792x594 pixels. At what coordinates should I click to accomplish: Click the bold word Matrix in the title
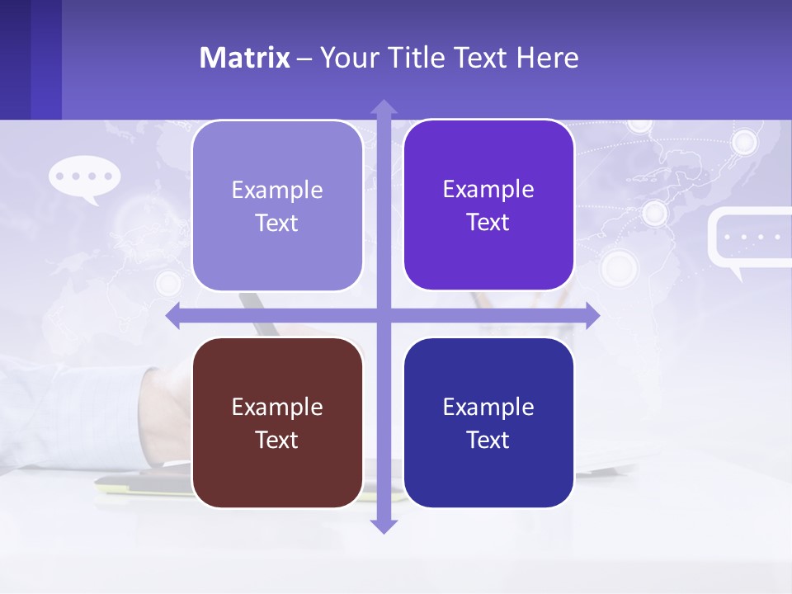tap(244, 58)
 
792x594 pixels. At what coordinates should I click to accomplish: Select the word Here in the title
tap(547, 58)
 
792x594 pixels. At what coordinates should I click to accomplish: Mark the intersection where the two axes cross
tap(384, 315)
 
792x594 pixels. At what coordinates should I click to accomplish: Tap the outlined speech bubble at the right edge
tap(749, 238)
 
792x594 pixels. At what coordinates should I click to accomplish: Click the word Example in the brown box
tap(277, 407)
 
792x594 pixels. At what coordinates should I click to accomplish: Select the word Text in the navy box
tap(488, 440)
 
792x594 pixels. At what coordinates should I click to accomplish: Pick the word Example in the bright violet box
tap(488, 189)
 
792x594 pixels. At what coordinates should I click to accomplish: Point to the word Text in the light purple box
tap(277, 223)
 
